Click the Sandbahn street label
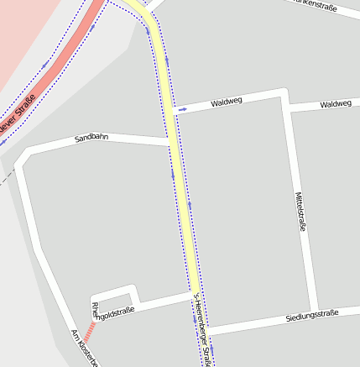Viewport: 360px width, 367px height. [x=92, y=136]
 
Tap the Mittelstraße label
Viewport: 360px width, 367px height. [x=300, y=211]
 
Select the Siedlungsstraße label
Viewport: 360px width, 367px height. [x=311, y=314]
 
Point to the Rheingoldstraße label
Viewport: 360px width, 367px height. [x=112, y=313]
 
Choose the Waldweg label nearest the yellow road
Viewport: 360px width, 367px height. [x=226, y=102]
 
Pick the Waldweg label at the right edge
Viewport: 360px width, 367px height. [x=336, y=103]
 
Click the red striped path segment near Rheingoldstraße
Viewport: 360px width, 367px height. [x=89, y=329]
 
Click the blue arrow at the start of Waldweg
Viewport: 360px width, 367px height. [x=182, y=109]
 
